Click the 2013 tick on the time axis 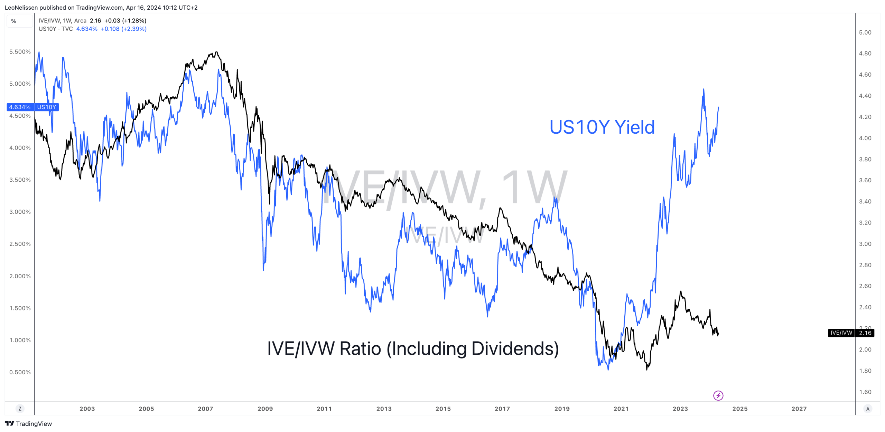pyautogui.click(x=384, y=409)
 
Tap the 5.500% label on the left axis pyautogui.click(x=20, y=52)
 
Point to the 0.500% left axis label pyautogui.click(x=20, y=372)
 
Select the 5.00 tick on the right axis pyautogui.click(x=865, y=32)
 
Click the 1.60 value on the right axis pyautogui.click(x=865, y=392)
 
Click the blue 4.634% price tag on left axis pyautogui.click(x=20, y=107)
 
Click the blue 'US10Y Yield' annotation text pyautogui.click(x=602, y=127)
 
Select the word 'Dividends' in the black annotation pyautogui.click(x=515, y=348)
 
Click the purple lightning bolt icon pyautogui.click(x=718, y=395)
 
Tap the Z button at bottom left pyautogui.click(x=20, y=409)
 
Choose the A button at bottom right pyautogui.click(x=867, y=409)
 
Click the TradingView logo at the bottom pyautogui.click(x=28, y=424)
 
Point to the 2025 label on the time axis pyautogui.click(x=740, y=409)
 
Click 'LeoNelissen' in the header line pyautogui.click(x=21, y=8)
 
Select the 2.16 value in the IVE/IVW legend pyautogui.click(x=95, y=21)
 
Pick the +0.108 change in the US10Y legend pyautogui.click(x=110, y=29)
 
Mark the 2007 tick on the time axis pyautogui.click(x=205, y=409)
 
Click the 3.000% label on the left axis pyautogui.click(x=20, y=212)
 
